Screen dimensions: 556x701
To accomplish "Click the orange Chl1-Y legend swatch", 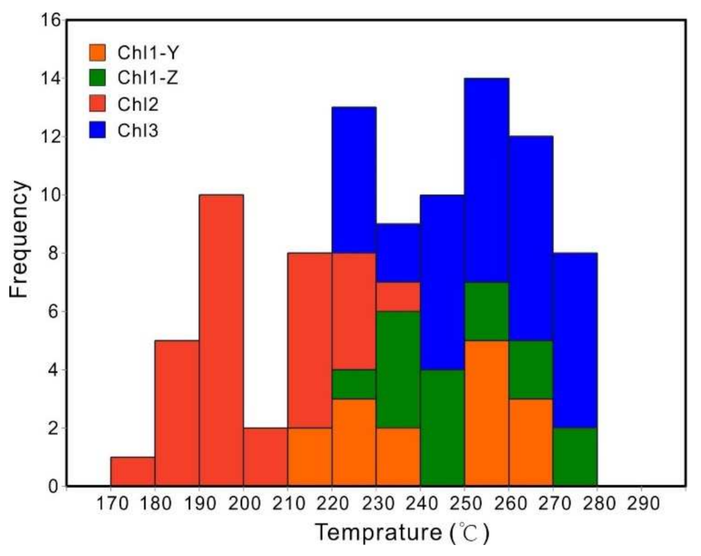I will coord(97,52).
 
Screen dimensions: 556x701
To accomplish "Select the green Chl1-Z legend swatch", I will coord(97,78).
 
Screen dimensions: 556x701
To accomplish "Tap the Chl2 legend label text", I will coord(138,105).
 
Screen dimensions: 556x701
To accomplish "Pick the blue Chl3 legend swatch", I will coord(97,130).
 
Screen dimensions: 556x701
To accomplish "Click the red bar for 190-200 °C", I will coord(221,340).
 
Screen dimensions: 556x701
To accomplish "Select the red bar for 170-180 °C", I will coord(132,471).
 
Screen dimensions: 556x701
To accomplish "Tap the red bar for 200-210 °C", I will coord(265,457).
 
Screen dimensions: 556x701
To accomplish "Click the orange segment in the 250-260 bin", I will coord(487,413).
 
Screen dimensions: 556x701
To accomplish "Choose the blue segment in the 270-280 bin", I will coord(575,340).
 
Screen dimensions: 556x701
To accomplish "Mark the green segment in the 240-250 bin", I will coord(442,427).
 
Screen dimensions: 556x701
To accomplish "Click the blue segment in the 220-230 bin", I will coord(354,180).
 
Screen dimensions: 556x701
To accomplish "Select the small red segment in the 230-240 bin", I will coord(398,297).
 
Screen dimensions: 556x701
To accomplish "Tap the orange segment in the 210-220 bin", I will coord(310,457).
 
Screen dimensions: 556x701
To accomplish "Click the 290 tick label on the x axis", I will coord(641,504).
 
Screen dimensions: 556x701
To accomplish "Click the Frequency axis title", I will coord(20,239).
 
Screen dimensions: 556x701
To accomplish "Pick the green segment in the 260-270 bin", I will coord(531,370).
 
